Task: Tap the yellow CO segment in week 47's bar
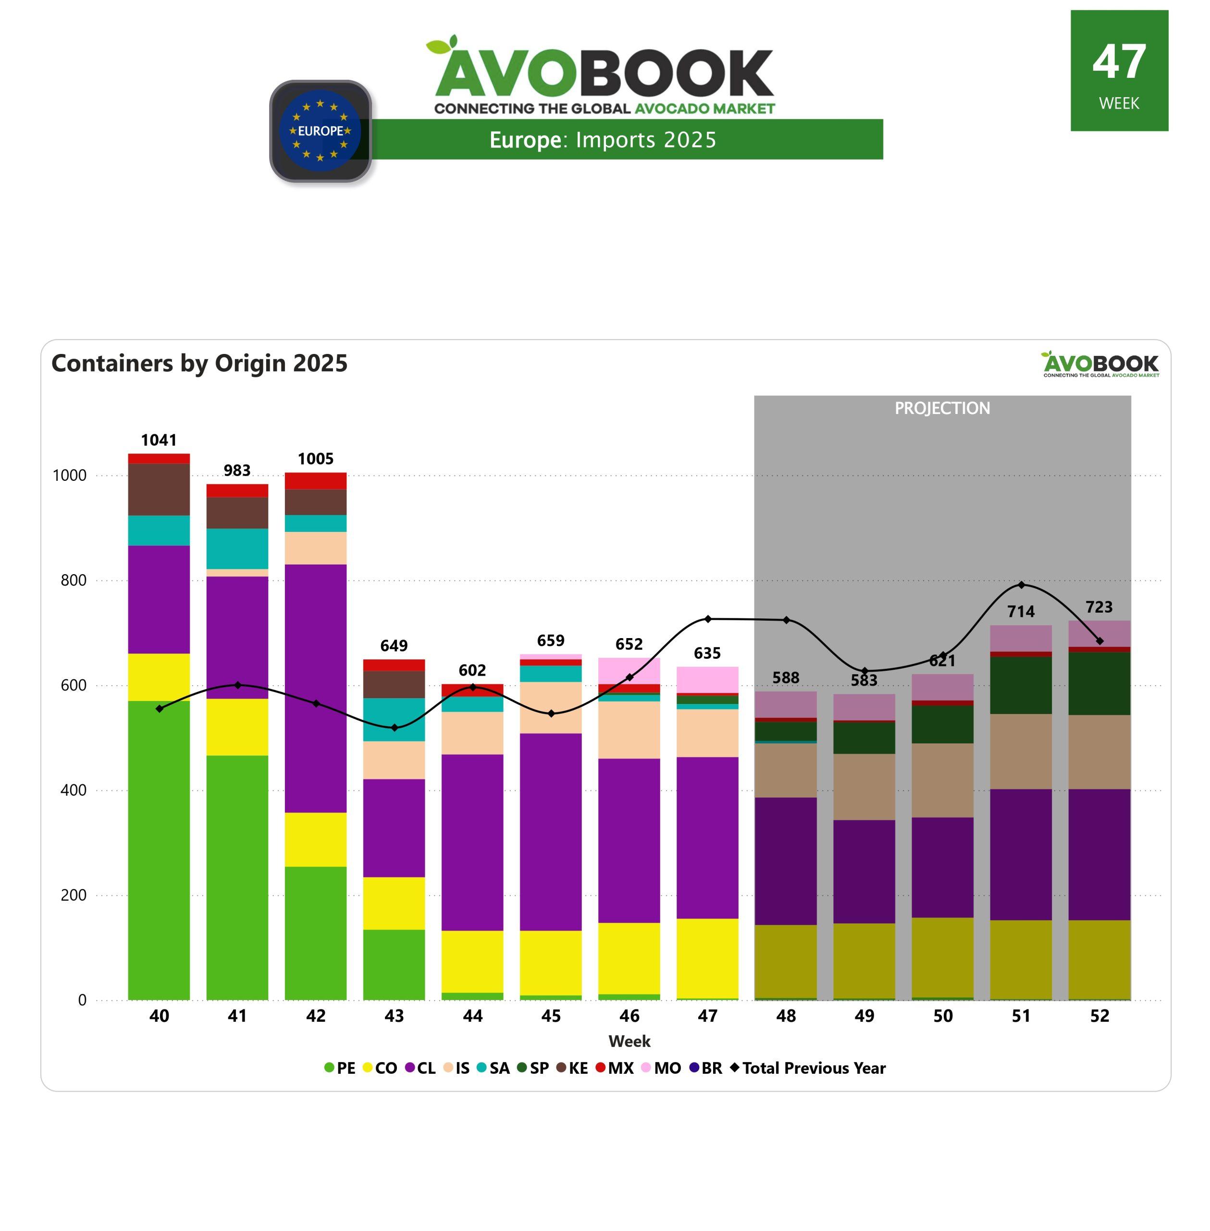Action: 707,957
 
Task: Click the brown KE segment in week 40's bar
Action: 159,489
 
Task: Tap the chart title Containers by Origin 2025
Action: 199,363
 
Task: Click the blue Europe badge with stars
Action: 321,131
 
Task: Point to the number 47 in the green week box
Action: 1119,63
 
